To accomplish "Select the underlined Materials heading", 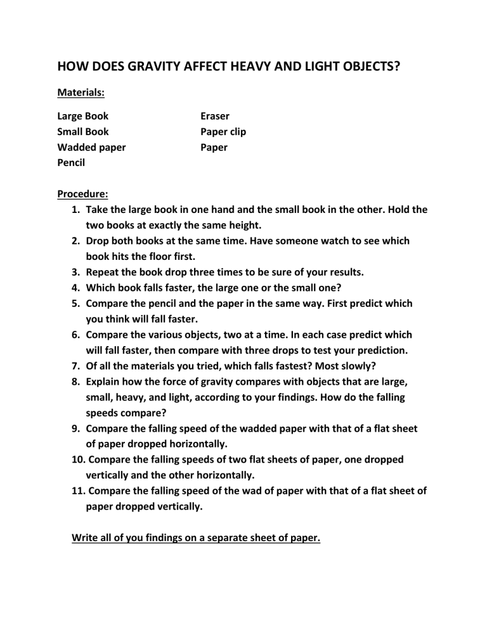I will [x=81, y=93].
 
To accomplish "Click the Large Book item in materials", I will [x=82, y=116].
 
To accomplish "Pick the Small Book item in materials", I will [x=82, y=132].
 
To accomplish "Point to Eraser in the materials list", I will [x=215, y=116].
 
